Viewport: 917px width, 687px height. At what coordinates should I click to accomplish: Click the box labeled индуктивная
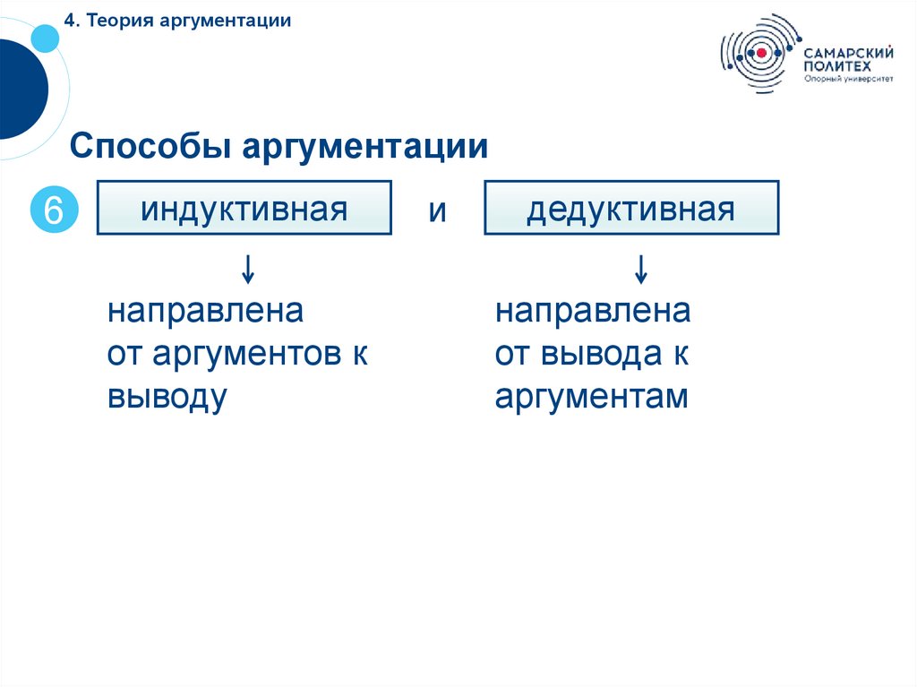point(244,208)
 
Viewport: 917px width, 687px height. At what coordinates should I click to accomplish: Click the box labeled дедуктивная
point(631,208)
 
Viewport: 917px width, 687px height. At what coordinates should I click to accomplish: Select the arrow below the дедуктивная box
point(640,268)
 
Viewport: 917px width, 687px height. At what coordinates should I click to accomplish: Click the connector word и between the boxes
point(437,211)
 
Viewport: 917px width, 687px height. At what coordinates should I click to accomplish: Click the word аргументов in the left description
point(242,355)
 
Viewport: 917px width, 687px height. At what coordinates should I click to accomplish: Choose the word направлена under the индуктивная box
point(206,312)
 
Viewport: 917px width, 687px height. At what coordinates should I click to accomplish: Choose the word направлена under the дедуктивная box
point(593,312)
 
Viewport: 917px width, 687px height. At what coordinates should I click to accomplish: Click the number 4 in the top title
point(68,21)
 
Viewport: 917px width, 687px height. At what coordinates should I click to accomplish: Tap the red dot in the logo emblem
point(761,53)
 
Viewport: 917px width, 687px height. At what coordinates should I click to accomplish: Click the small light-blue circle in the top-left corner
point(45,37)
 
